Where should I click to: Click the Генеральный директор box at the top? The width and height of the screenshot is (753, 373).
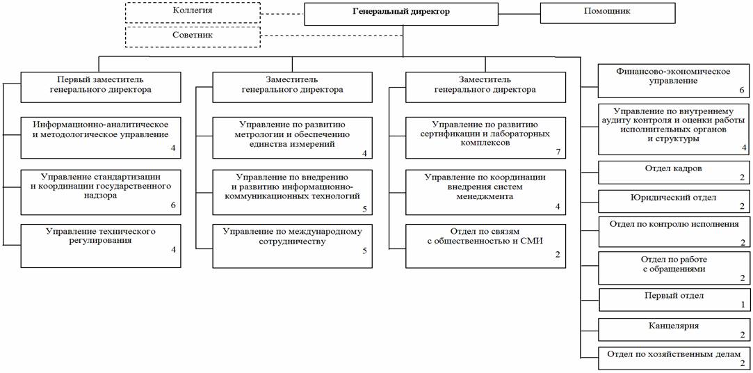click(401, 13)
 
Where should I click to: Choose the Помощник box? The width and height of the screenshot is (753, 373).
click(607, 13)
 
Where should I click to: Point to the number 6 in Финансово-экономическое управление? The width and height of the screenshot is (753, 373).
click(741, 91)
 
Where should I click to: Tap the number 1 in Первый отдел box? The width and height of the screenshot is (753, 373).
click(742, 305)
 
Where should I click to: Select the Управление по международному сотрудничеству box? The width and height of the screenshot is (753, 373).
click(292, 246)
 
